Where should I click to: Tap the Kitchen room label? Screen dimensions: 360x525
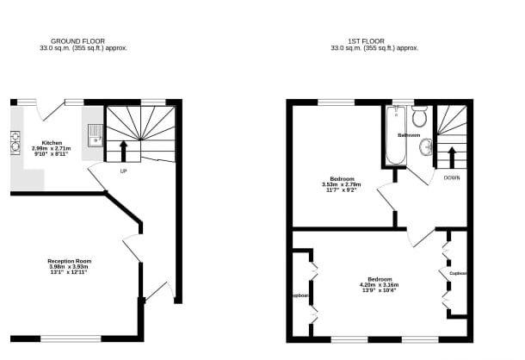tap(52, 143)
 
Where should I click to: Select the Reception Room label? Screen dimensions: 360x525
tap(70, 261)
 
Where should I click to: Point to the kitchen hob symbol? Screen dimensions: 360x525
tap(15, 141)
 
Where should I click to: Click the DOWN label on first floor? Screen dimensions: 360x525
tap(451, 177)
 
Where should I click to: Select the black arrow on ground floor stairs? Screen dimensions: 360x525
tap(123, 151)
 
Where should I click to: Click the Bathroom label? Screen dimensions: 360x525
tap(408, 136)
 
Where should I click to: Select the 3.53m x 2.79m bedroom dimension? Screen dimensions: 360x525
tap(342, 184)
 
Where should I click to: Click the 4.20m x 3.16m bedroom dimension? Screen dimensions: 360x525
tap(380, 286)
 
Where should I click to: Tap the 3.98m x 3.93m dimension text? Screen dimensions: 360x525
tap(70, 267)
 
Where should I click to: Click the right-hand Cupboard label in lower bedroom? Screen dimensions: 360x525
tap(458, 273)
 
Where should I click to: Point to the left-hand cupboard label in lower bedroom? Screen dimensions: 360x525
tap(300, 295)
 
